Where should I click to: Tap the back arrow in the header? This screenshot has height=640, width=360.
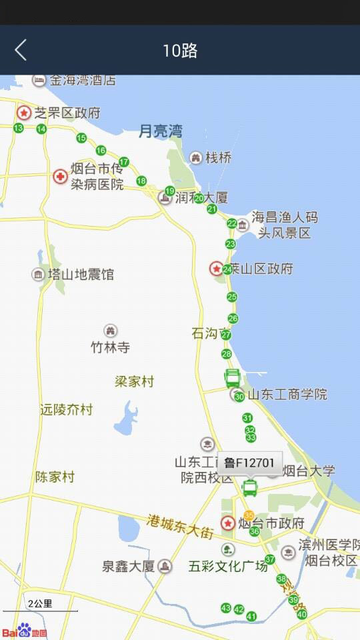tap(21, 50)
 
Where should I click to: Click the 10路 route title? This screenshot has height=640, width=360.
tap(180, 51)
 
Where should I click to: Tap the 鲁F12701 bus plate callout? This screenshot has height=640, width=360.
tap(250, 463)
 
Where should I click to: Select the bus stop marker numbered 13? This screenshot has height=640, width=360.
tap(19, 128)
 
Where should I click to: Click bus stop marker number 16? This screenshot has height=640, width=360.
tap(101, 150)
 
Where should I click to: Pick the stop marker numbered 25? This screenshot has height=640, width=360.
tap(232, 297)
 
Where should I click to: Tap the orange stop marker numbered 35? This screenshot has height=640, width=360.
tap(249, 515)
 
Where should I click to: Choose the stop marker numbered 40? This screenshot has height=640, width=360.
tap(302, 614)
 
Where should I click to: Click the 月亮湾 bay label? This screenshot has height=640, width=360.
tap(160, 131)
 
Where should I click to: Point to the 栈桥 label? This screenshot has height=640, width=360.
tap(218, 158)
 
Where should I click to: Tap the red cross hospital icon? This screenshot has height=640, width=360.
tap(61, 177)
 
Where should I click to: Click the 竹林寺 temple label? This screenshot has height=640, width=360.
tap(110, 347)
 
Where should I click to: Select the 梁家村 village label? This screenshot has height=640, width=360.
tap(134, 382)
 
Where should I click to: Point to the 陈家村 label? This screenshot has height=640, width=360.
tap(55, 477)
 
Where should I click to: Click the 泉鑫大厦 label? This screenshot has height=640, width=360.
tap(128, 567)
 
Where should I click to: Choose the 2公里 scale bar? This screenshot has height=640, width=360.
tap(40, 605)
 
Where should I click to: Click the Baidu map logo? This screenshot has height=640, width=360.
tap(24, 631)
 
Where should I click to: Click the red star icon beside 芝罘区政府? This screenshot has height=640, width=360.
tap(24, 113)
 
